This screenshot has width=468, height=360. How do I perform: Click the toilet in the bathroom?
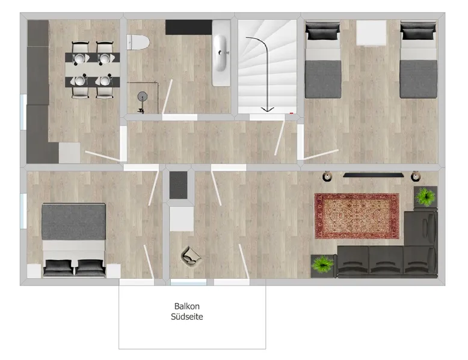138,42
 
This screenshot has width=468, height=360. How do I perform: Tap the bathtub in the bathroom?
221,53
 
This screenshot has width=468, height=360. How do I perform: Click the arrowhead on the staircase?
267,109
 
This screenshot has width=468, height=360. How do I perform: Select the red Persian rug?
357,216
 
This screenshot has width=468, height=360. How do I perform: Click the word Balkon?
187,307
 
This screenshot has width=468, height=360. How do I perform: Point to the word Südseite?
187,317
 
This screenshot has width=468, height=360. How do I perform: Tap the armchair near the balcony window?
191,256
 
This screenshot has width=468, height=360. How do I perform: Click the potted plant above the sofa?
426,197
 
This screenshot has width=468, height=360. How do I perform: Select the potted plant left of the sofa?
322,264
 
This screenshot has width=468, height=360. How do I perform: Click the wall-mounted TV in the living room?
374,175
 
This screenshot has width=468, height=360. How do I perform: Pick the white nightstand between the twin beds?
371,33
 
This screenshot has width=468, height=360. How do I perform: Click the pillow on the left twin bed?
322,32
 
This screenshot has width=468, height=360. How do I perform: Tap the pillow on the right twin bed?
418,32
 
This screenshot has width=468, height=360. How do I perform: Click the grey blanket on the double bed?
73,222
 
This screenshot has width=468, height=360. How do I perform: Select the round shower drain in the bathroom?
143,96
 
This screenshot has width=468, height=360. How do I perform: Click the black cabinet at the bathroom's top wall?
189,27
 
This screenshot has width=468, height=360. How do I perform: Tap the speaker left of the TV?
327,176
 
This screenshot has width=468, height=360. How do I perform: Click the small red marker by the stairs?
292,113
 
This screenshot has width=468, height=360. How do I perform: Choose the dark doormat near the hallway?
179,185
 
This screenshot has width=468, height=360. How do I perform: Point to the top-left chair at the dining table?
80,50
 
